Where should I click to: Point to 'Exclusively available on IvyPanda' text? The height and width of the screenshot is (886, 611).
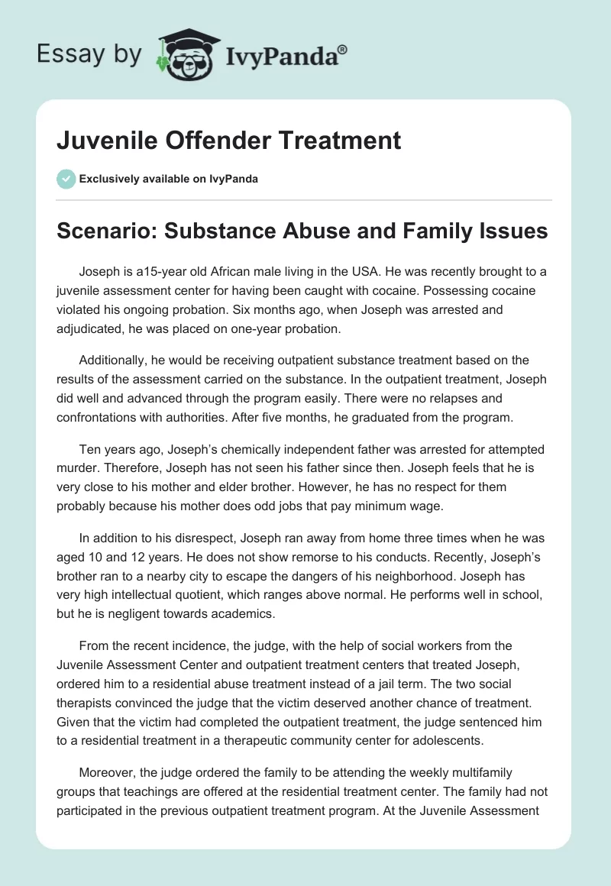pyautogui.click(x=169, y=179)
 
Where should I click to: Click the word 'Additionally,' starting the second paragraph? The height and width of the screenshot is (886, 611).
pyautogui.click(x=115, y=359)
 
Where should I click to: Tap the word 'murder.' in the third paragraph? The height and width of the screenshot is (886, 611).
pyautogui.click(x=78, y=468)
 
